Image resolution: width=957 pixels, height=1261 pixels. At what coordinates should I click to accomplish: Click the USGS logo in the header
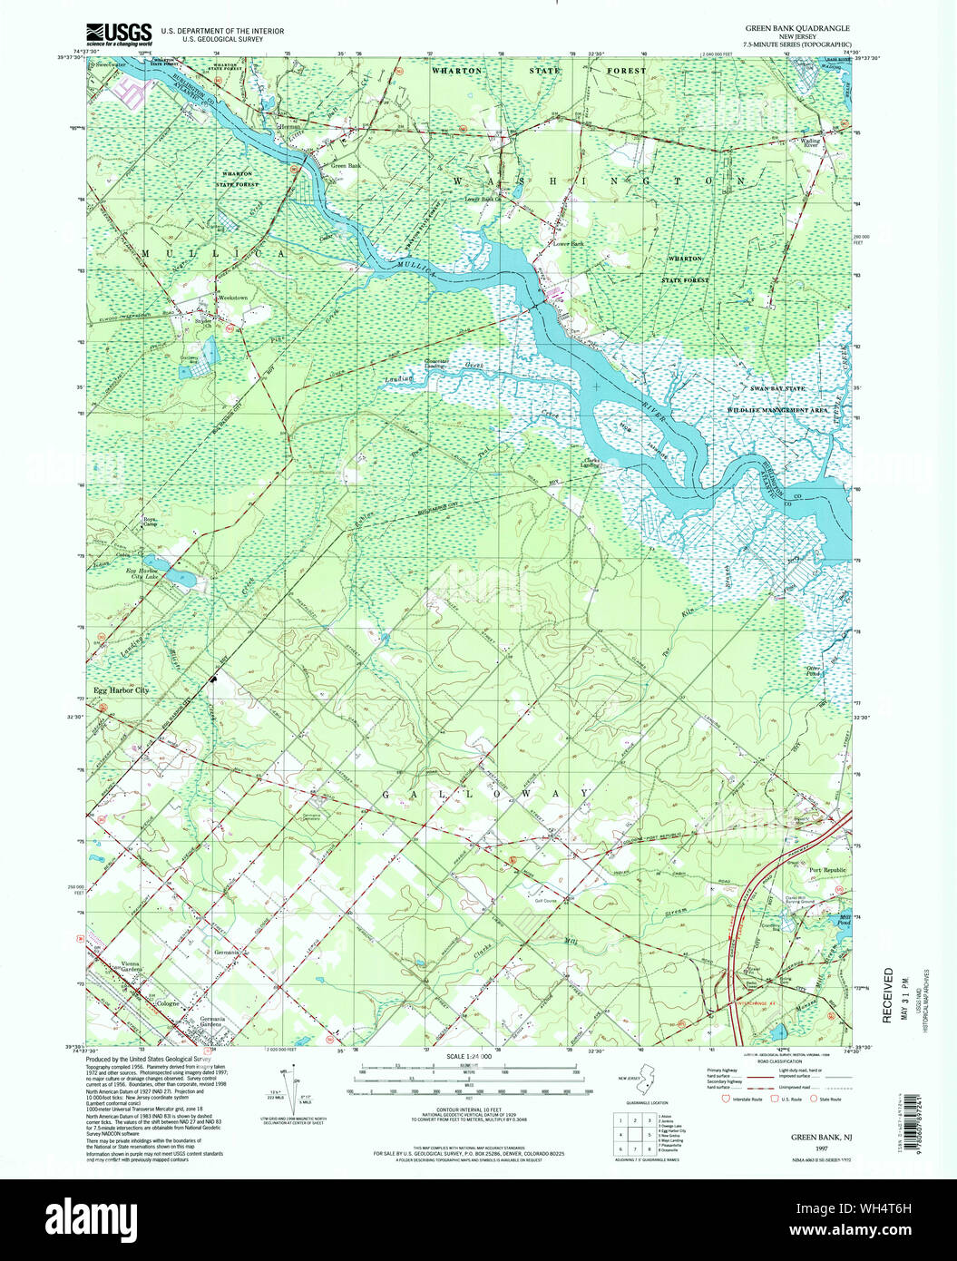118,34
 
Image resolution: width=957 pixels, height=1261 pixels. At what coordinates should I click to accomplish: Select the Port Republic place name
827,870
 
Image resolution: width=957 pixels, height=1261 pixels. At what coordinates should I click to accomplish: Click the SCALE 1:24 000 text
469,1057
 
